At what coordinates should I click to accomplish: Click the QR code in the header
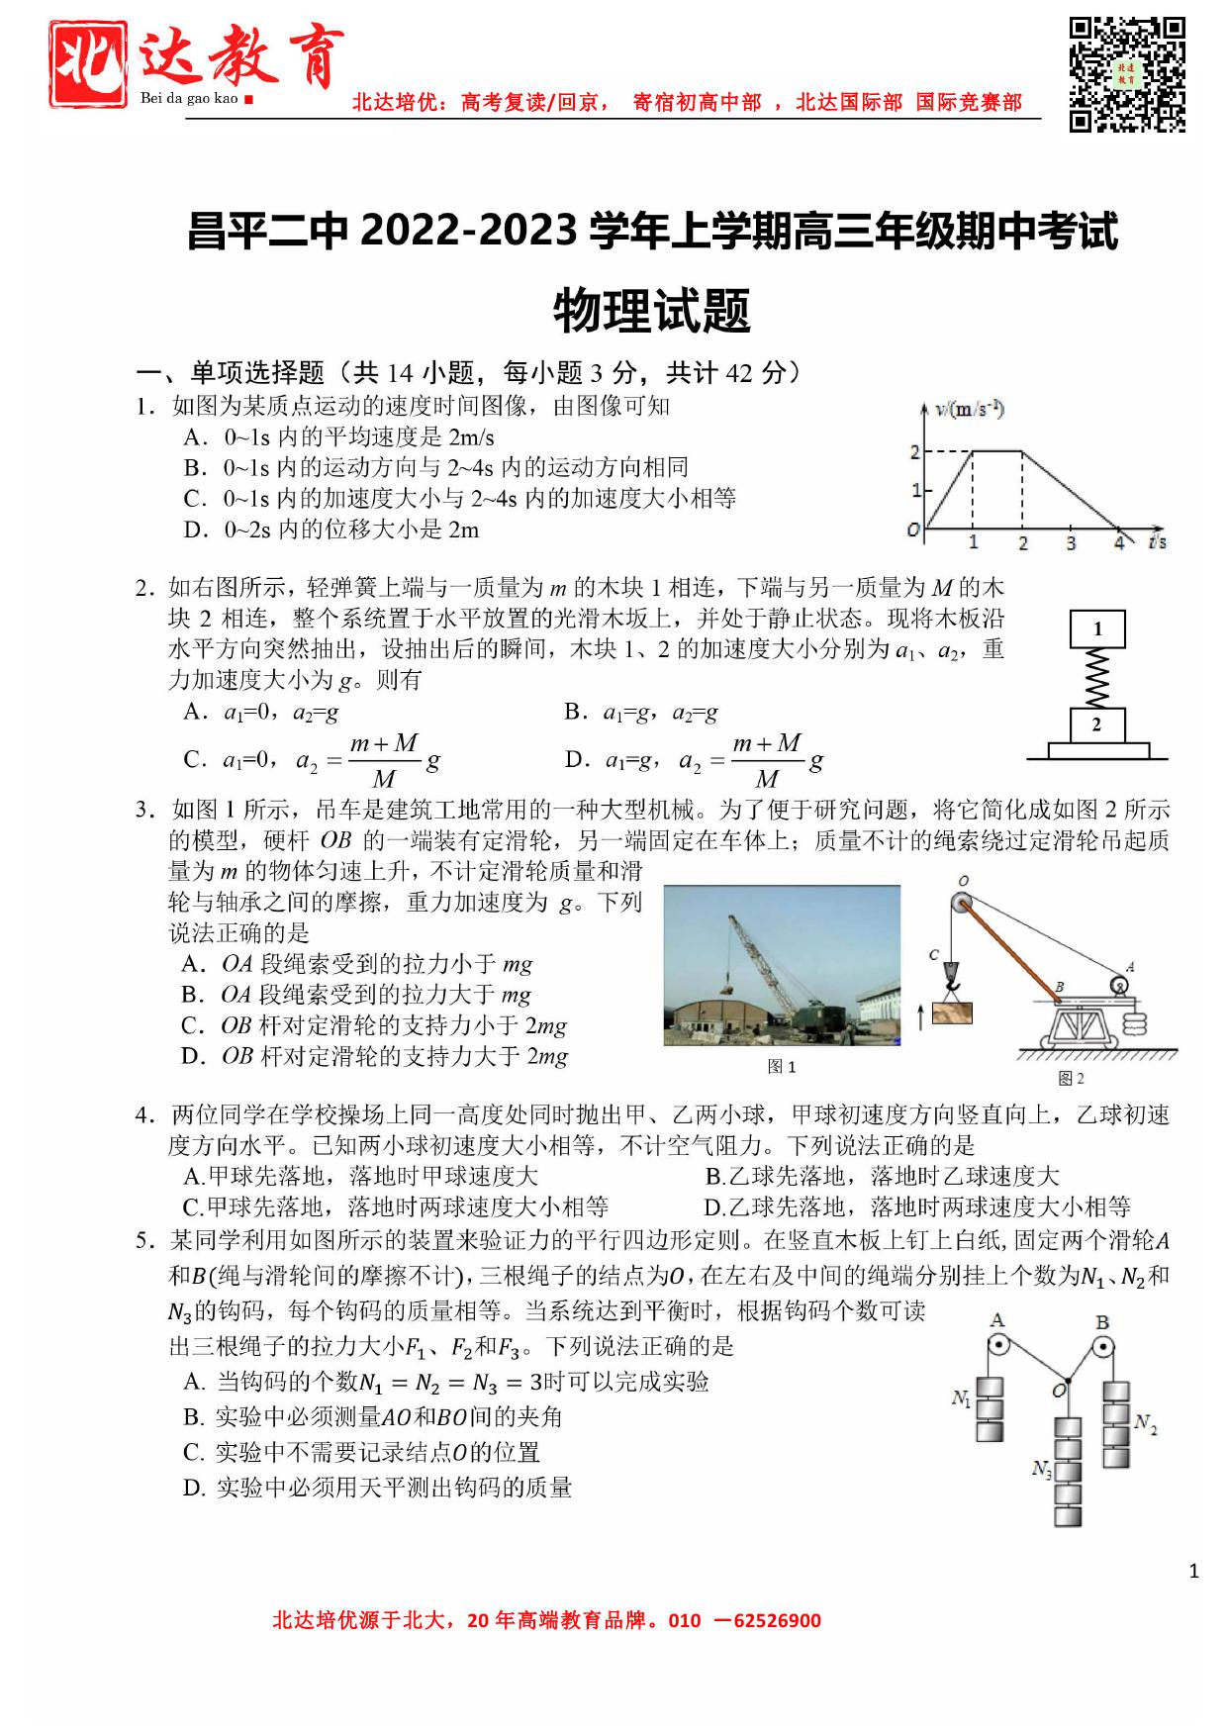pyautogui.click(x=1127, y=73)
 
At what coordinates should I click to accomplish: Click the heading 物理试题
pyautogui.click(x=652, y=310)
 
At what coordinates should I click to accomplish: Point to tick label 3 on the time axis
pyautogui.click(x=1071, y=543)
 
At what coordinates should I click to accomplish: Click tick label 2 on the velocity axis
pyautogui.click(x=915, y=452)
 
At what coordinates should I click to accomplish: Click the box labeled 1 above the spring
pyautogui.click(x=1097, y=628)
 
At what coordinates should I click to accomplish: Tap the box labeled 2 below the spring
pyautogui.click(x=1096, y=724)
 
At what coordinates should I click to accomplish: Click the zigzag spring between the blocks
pyautogui.click(x=1097, y=677)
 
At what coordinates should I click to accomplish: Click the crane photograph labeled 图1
pyautogui.click(x=782, y=965)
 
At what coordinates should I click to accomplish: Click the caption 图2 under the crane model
pyautogui.click(x=1071, y=1078)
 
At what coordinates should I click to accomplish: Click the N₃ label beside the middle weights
pyautogui.click(x=1041, y=1470)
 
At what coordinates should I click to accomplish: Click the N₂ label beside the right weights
pyautogui.click(x=1145, y=1424)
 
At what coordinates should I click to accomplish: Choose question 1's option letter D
pyautogui.click(x=194, y=530)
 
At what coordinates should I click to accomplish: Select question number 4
pyautogui.click(x=144, y=1115)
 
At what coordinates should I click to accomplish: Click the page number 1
pyautogui.click(x=1194, y=1571)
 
